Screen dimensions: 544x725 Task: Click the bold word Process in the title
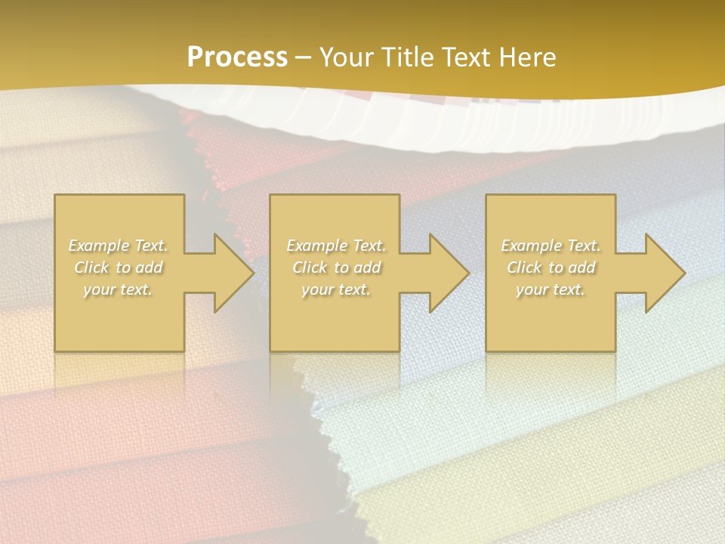click(x=237, y=57)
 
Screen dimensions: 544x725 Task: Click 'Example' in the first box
click(x=98, y=246)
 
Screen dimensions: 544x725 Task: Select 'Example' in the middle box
click(x=316, y=246)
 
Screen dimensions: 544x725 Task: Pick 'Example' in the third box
click(x=530, y=246)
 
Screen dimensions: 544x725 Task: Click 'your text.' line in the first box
click(x=118, y=289)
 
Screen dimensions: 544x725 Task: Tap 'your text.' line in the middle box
click(x=335, y=289)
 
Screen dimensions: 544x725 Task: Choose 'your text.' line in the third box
click(x=550, y=289)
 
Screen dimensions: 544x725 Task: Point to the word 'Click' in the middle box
click(x=310, y=267)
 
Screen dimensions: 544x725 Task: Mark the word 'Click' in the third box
click(x=524, y=267)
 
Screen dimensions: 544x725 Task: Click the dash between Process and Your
click(x=303, y=57)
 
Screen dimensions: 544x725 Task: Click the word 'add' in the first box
click(x=149, y=267)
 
